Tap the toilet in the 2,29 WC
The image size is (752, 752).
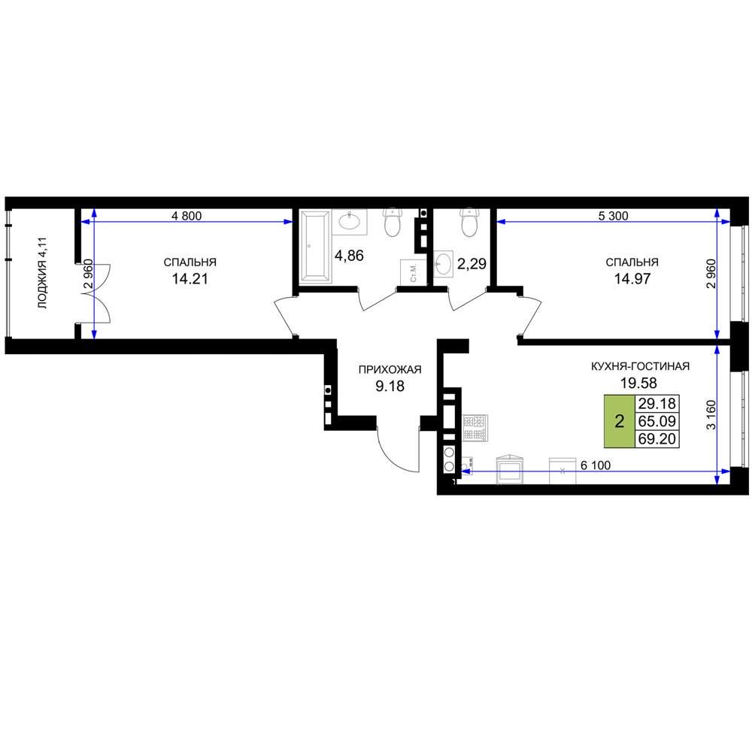(469, 222)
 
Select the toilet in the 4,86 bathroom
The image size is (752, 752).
(393, 222)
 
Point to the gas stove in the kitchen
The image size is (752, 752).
(475, 428)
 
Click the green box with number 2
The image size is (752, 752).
(620, 422)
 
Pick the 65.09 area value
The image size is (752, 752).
(657, 421)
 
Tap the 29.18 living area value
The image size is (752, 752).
(657, 404)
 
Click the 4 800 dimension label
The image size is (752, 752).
(186, 216)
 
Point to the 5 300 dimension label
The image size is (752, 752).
(613, 216)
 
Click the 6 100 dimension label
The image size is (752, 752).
(596, 465)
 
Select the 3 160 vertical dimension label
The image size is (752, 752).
(711, 415)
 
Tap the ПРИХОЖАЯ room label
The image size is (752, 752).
(390, 369)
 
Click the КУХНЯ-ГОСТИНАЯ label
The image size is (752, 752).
(640, 366)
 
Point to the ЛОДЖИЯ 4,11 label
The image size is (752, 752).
(43, 272)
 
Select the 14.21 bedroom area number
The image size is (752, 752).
(190, 279)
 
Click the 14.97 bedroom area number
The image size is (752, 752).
(632, 279)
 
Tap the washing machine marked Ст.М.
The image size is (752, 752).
(413, 272)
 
